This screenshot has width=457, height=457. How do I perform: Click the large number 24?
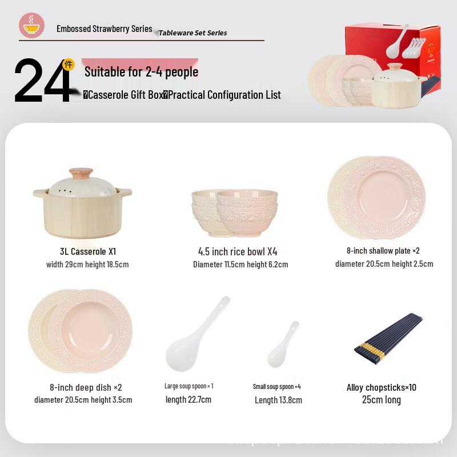[42, 81]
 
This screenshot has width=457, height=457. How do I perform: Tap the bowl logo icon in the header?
[31, 26]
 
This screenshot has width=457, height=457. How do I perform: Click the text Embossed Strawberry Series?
[104, 29]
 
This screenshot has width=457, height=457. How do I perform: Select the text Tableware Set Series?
[193, 33]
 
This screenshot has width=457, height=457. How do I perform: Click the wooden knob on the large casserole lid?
[81, 173]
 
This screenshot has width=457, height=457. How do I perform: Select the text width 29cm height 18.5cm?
[87, 264]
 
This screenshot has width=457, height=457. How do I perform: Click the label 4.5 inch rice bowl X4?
[238, 251]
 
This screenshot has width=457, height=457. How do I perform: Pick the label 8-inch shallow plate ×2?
[383, 251]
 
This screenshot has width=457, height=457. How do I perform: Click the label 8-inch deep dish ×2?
[86, 387]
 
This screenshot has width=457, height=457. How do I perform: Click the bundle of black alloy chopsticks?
[388, 338]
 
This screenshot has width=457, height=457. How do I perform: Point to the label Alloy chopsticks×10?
[382, 387]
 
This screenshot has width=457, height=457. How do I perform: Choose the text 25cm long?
[382, 400]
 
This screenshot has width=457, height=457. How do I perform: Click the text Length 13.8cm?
[278, 400]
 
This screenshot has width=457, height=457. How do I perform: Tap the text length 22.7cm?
[189, 399]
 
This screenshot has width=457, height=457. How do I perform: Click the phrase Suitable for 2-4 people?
[141, 72]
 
